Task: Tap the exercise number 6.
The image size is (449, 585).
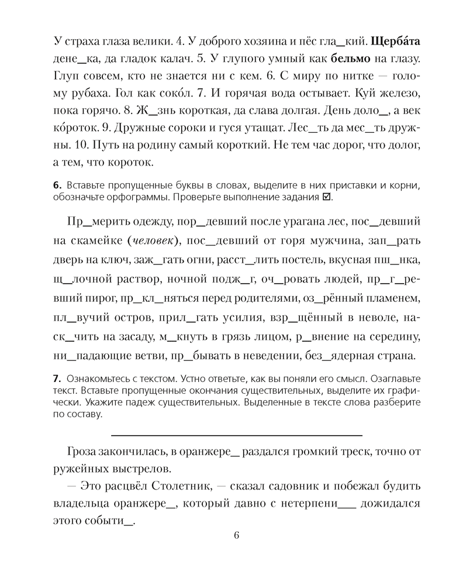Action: tap(56, 185)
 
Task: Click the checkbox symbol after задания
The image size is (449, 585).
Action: tap(326, 197)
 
